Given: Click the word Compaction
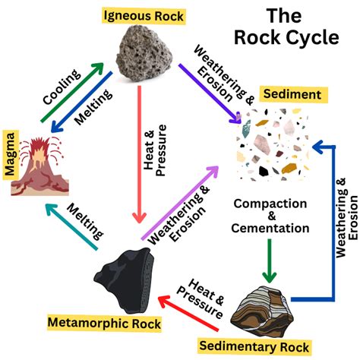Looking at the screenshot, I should pyautogui.click(x=270, y=204).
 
